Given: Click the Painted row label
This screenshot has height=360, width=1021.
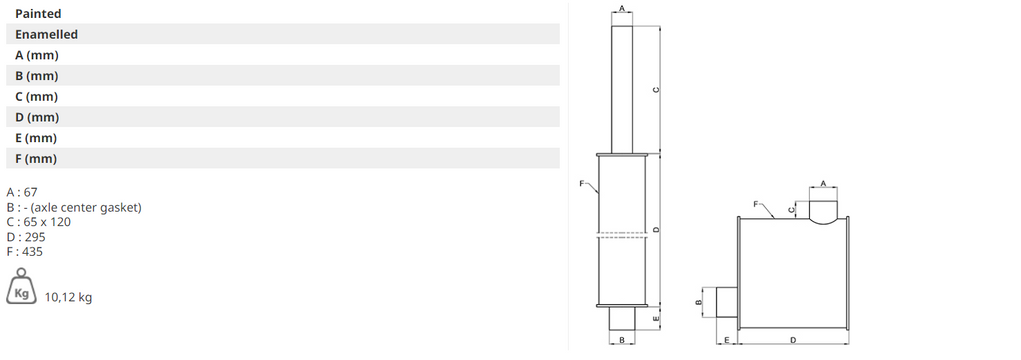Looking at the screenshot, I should pos(38,14).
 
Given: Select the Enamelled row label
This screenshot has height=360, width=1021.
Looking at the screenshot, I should pos(46,34).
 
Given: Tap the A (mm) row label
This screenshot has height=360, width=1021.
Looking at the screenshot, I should pos(36,55).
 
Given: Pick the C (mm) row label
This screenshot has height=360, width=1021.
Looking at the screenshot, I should pos(36,97).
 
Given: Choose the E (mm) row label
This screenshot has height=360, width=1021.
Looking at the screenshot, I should pos(36,138).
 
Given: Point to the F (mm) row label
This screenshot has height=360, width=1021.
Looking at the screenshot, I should pos(36,159).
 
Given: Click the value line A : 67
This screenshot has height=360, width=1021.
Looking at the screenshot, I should pos(22,192).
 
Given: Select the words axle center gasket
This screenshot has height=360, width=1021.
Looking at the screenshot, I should pos(87,207).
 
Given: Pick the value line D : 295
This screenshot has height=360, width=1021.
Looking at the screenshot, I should pos(26,237).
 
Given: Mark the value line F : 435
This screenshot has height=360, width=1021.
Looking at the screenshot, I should pos(26,252).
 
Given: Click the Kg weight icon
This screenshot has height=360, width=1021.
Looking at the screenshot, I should pos(21,292).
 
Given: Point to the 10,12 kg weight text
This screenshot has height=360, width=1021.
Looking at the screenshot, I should pos(68,297).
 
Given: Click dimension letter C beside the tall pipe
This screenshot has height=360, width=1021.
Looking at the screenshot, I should pos(654,90).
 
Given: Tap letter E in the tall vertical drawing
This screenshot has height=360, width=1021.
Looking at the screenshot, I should pos(654,318).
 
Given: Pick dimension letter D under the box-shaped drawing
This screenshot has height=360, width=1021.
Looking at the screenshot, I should pos(792,340).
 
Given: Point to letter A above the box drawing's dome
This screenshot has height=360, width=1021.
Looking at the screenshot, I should pos(823,183).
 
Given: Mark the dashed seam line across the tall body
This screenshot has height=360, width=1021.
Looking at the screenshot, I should pos(622,236).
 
